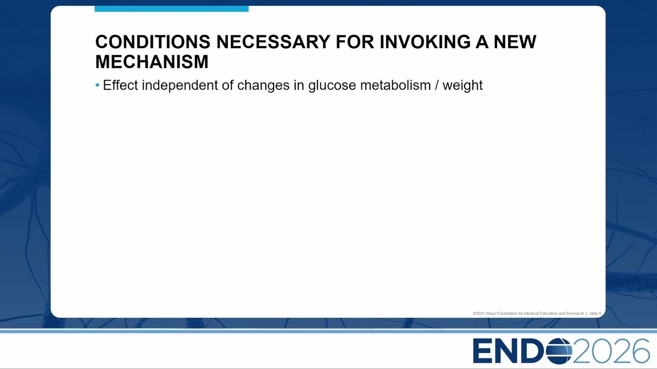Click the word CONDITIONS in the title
coord(153,42)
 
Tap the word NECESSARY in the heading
coord(274,42)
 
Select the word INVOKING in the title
coord(426,42)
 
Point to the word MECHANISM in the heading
coord(152,61)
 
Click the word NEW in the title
coord(515,42)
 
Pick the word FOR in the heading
coord(355,42)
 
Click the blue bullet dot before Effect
coord(98,86)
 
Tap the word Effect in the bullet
coord(120,85)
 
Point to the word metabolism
coord(395,85)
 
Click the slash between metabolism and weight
coord(437,86)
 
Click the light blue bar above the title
coord(171,9)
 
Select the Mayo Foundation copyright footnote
coord(528,313)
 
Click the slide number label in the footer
coord(595,313)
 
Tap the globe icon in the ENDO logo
coord(559,351)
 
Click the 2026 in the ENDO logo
coord(611,351)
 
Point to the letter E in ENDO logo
coord(483,351)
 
